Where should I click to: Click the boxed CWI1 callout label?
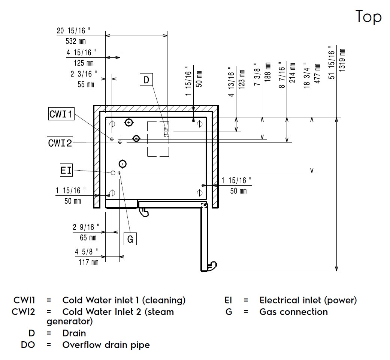tap(61, 114)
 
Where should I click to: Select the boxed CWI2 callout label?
tap(60, 143)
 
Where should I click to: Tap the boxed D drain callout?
tap(146, 79)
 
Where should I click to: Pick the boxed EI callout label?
tap(66, 171)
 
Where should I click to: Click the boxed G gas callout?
tap(130, 239)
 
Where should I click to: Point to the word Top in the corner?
tap(368, 17)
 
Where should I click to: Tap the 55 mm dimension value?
tap(86, 84)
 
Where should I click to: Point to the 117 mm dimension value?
tap(88, 262)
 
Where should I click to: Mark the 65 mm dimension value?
tap(88, 237)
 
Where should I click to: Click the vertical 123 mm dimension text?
tap(242, 78)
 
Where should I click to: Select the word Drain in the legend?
tap(74, 333)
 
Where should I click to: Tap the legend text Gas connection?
tap(293, 312)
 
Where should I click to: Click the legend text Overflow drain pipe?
tap(106, 345)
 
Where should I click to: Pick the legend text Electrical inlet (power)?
tap(308, 300)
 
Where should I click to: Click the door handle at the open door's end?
tap(212, 265)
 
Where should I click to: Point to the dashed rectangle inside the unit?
tap(158, 138)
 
